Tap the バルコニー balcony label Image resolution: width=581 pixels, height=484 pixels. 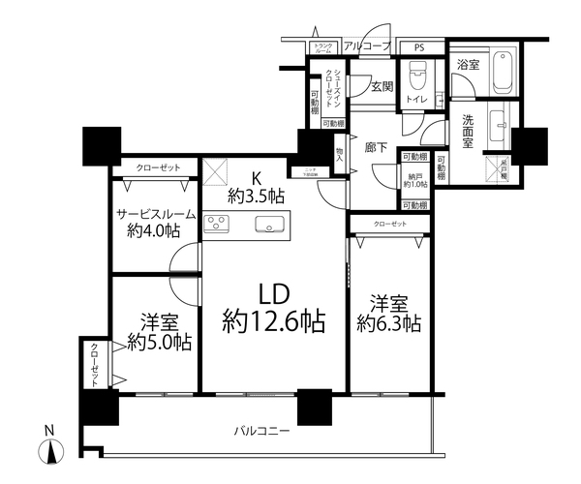tap(260, 431)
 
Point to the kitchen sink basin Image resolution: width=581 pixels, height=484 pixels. tap(265, 226)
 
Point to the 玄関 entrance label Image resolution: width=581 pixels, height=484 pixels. tap(381, 86)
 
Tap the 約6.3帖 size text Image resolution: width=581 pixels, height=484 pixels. tap(387, 322)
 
